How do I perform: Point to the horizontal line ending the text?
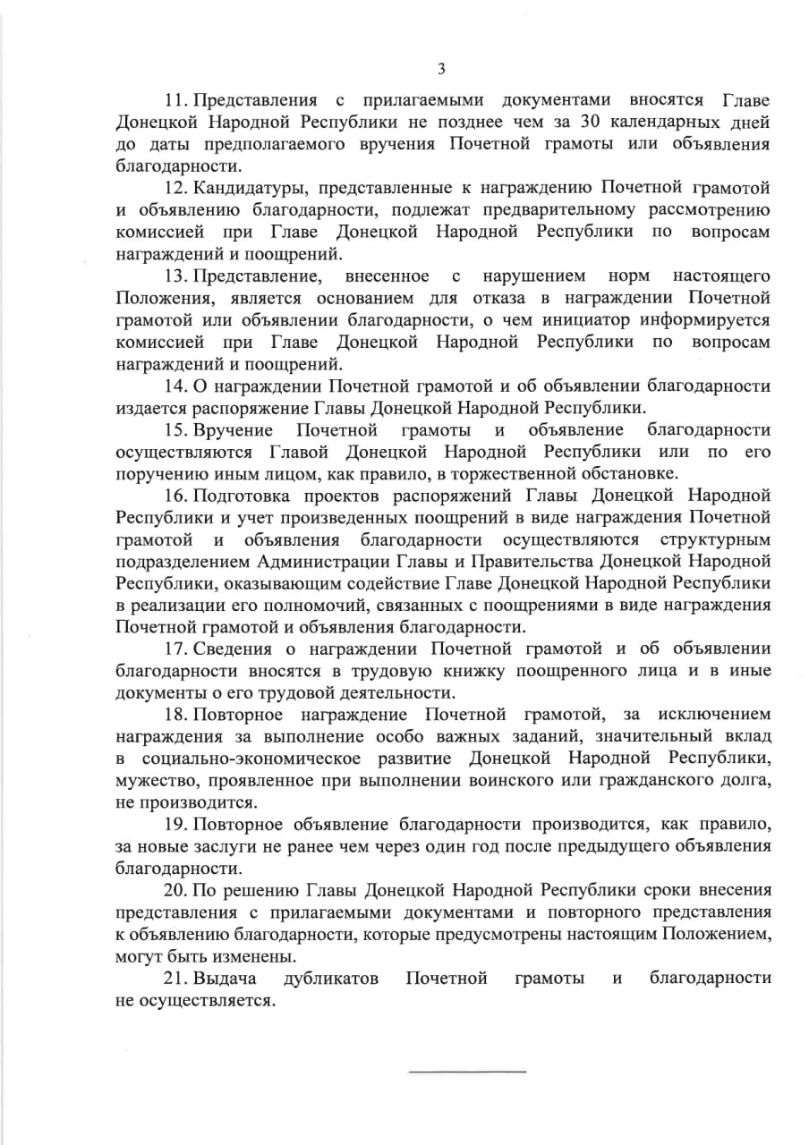467,1071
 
